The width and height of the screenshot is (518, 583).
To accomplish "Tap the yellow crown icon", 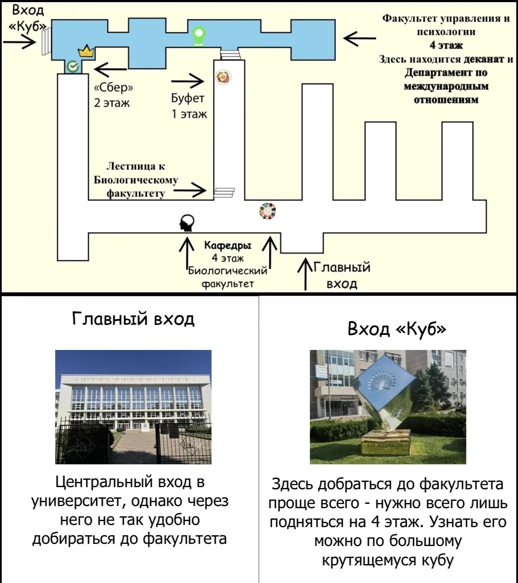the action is point(86,51).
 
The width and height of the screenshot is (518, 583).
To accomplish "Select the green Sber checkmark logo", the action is point(73,67).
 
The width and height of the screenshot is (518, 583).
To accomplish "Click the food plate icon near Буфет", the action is point(223,77).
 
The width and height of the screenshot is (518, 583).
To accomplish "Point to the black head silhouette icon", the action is point(187,223).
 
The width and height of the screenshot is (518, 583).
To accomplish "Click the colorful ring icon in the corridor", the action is point(268,211).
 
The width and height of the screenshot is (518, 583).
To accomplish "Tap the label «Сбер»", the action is point(113,87).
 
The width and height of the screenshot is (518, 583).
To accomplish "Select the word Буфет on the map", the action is point(188,98).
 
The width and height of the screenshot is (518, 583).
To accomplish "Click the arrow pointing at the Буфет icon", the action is point(187,81).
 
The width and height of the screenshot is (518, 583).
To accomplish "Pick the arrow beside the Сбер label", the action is point(110,69).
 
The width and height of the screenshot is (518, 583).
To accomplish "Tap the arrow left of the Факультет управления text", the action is point(360,38).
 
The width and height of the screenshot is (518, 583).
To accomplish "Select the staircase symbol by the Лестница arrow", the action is point(224,193).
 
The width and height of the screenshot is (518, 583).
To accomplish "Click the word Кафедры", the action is point(228,245).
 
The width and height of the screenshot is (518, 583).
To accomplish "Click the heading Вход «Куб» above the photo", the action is point(397,328).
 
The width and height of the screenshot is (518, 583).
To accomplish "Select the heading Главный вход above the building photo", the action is point(134,319).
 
